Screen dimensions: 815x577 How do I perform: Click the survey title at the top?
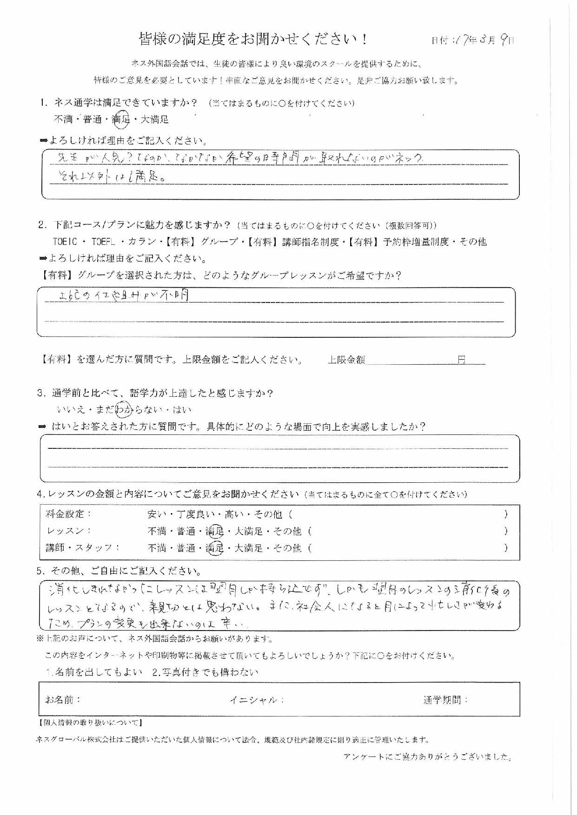(253, 39)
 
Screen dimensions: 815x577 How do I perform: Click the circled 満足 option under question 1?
(121, 120)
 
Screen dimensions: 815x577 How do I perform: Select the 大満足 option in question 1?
(154, 120)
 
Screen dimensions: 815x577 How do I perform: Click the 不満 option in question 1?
(64, 120)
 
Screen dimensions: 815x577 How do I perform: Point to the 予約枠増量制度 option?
(418, 242)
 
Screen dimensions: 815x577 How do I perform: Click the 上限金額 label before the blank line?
(346, 360)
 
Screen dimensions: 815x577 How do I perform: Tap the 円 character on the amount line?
(461, 360)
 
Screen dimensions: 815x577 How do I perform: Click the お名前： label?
(63, 699)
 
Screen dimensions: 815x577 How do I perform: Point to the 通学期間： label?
(445, 700)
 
